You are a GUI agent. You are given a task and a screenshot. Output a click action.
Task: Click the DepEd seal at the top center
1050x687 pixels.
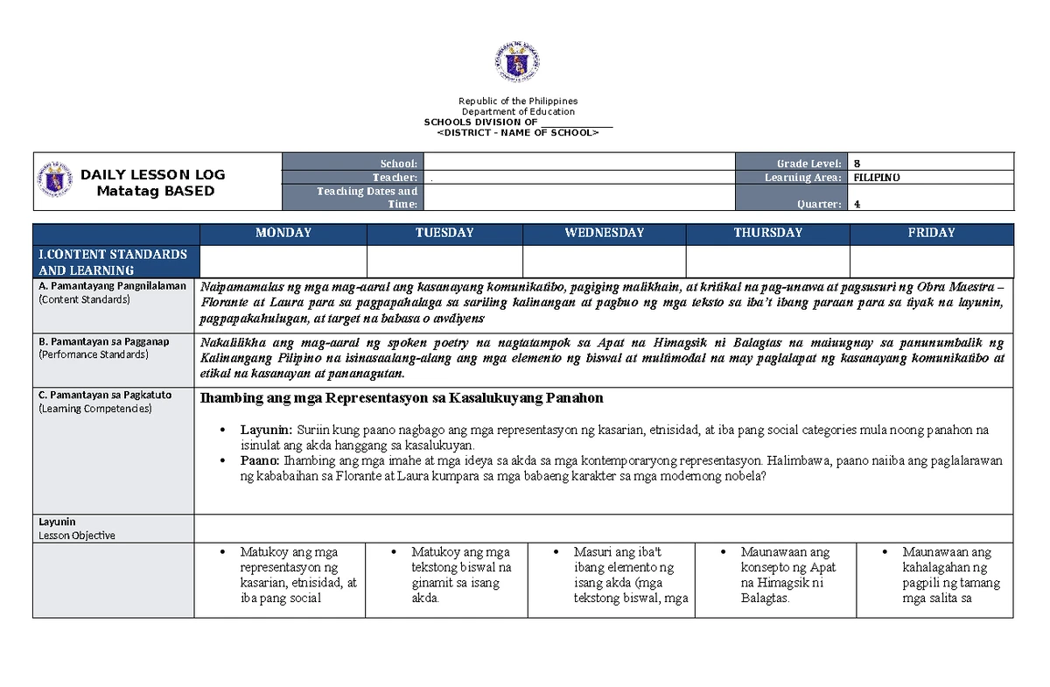click(x=517, y=62)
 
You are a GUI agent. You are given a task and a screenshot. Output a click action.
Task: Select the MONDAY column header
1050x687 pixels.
click(x=283, y=233)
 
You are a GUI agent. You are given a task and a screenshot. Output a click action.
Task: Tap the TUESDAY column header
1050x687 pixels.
click(x=444, y=233)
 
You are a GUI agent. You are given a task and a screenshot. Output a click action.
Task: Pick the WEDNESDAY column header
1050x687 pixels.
click(x=604, y=233)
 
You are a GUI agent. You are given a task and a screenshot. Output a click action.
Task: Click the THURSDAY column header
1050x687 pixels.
click(x=767, y=233)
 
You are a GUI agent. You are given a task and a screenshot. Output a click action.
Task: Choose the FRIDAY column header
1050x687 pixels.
click(x=931, y=233)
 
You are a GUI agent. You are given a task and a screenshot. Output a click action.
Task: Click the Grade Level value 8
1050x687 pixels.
click(x=857, y=164)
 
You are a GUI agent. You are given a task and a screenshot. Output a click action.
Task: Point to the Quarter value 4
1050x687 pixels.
click(x=857, y=205)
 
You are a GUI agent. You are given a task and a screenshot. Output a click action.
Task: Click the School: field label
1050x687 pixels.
click(x=399, y=164)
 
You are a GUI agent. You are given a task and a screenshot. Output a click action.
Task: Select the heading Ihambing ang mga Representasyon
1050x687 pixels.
click(x=402, y=398)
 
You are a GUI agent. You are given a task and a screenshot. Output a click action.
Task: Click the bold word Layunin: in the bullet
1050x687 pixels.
click(x=267, y=431)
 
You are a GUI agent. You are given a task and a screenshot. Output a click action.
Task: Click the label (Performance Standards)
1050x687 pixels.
click(x=92, y=355)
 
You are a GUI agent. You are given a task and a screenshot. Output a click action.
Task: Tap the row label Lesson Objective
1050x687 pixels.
click(x=77, y=535)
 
